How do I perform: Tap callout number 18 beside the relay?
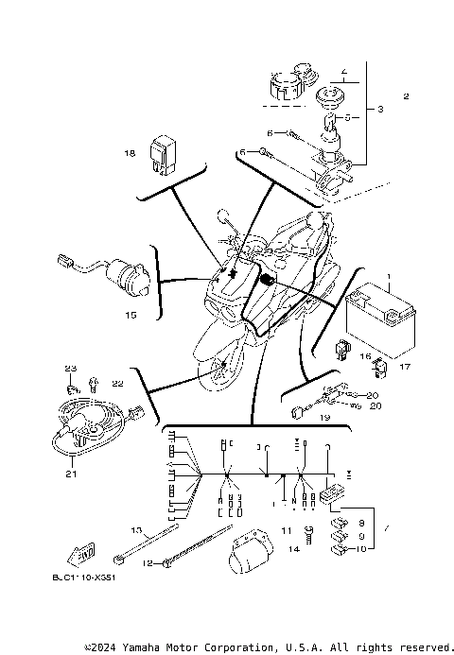(x=129, y=151)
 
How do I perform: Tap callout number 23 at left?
(x=70, y=368)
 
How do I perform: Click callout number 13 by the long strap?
(x=135, y=530)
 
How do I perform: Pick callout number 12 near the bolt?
(x=147, y=563)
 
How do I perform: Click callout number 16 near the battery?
(x=364, y=357)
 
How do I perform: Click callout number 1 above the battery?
(x=388, y=277)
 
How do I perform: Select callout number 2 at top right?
(x=406, y=96)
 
